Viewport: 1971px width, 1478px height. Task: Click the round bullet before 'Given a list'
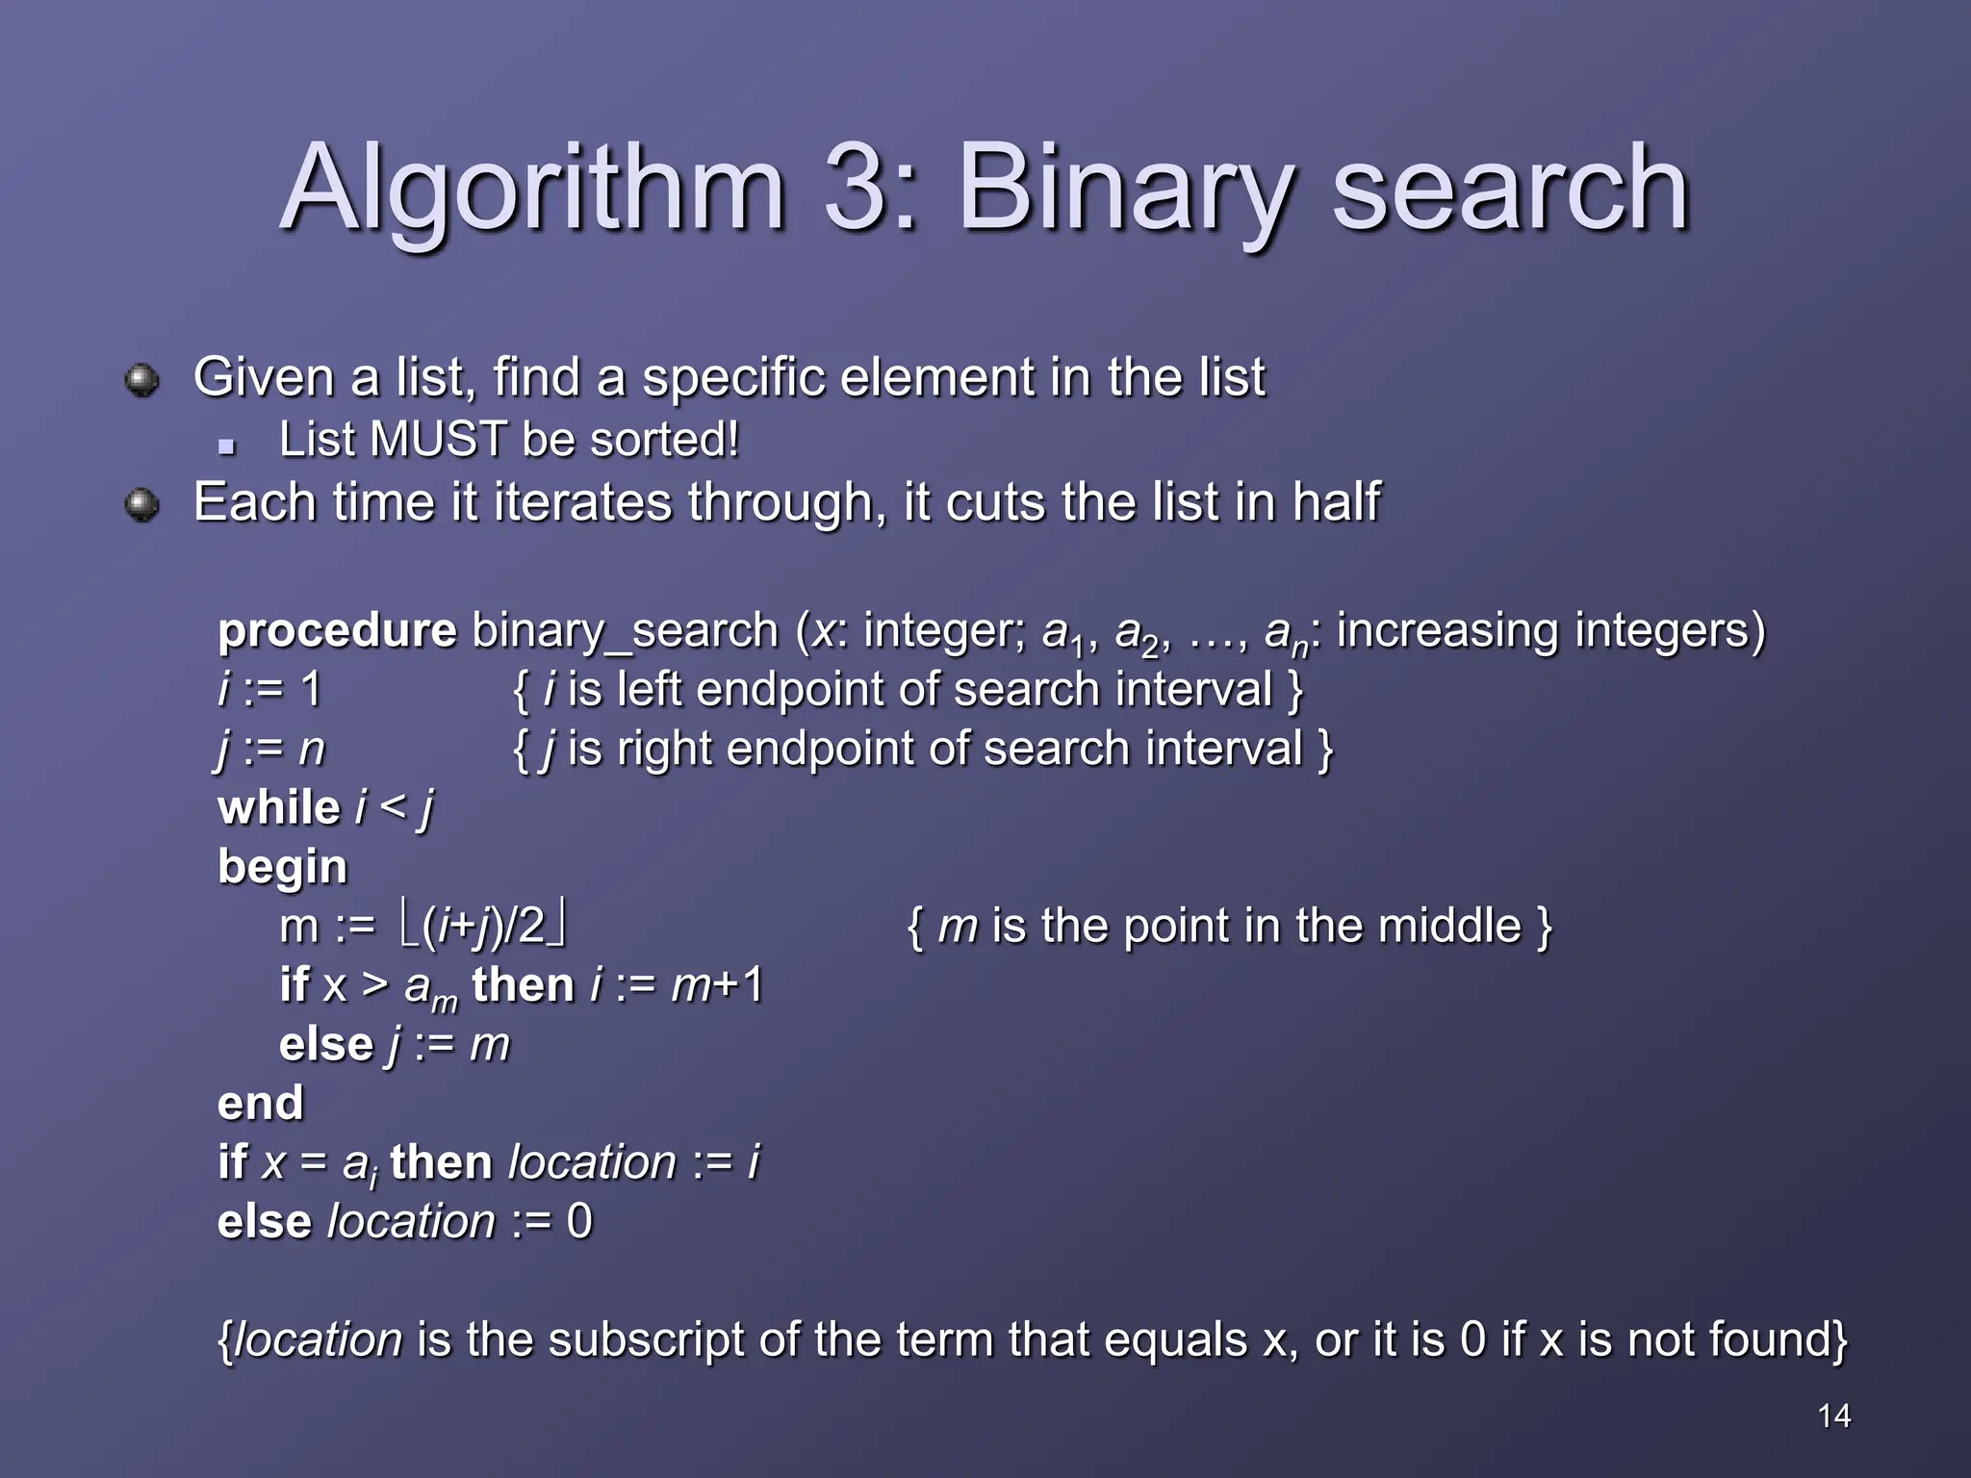142,379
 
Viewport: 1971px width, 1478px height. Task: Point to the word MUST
438,440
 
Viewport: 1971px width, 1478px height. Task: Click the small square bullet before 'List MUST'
227,446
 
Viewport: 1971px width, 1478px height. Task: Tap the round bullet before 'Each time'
142,504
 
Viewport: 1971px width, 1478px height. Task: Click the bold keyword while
279,807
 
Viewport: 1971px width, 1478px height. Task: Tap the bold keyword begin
282,867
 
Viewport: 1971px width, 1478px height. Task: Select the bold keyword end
260,1104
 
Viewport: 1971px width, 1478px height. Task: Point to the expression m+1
717,985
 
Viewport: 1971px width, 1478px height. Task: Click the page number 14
1834,1415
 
